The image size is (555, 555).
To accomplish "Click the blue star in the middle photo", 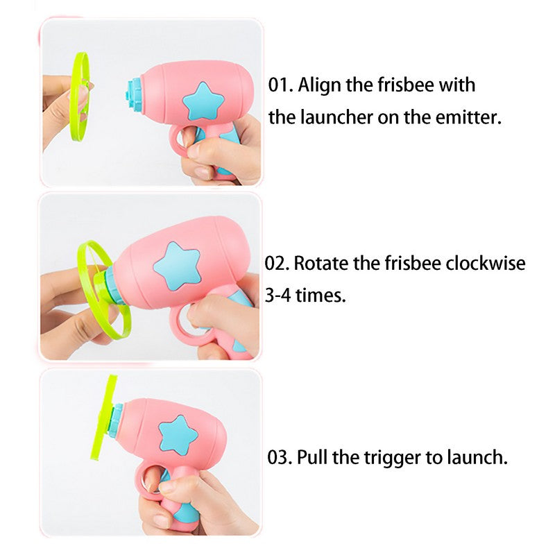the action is pyautogui.click(x=177, y=266).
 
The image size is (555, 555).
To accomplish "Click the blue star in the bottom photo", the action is pyautogui.click(x=178, y=435).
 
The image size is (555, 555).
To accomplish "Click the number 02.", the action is pyautogui.click(x=276, y=264).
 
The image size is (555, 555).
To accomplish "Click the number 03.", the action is pyautogui.click(x=280, y=457).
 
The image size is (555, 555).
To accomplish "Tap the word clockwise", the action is pyautogui.click(x=485, y=264).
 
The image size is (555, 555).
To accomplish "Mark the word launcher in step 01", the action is pyautogui.click(x=336, y=118).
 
